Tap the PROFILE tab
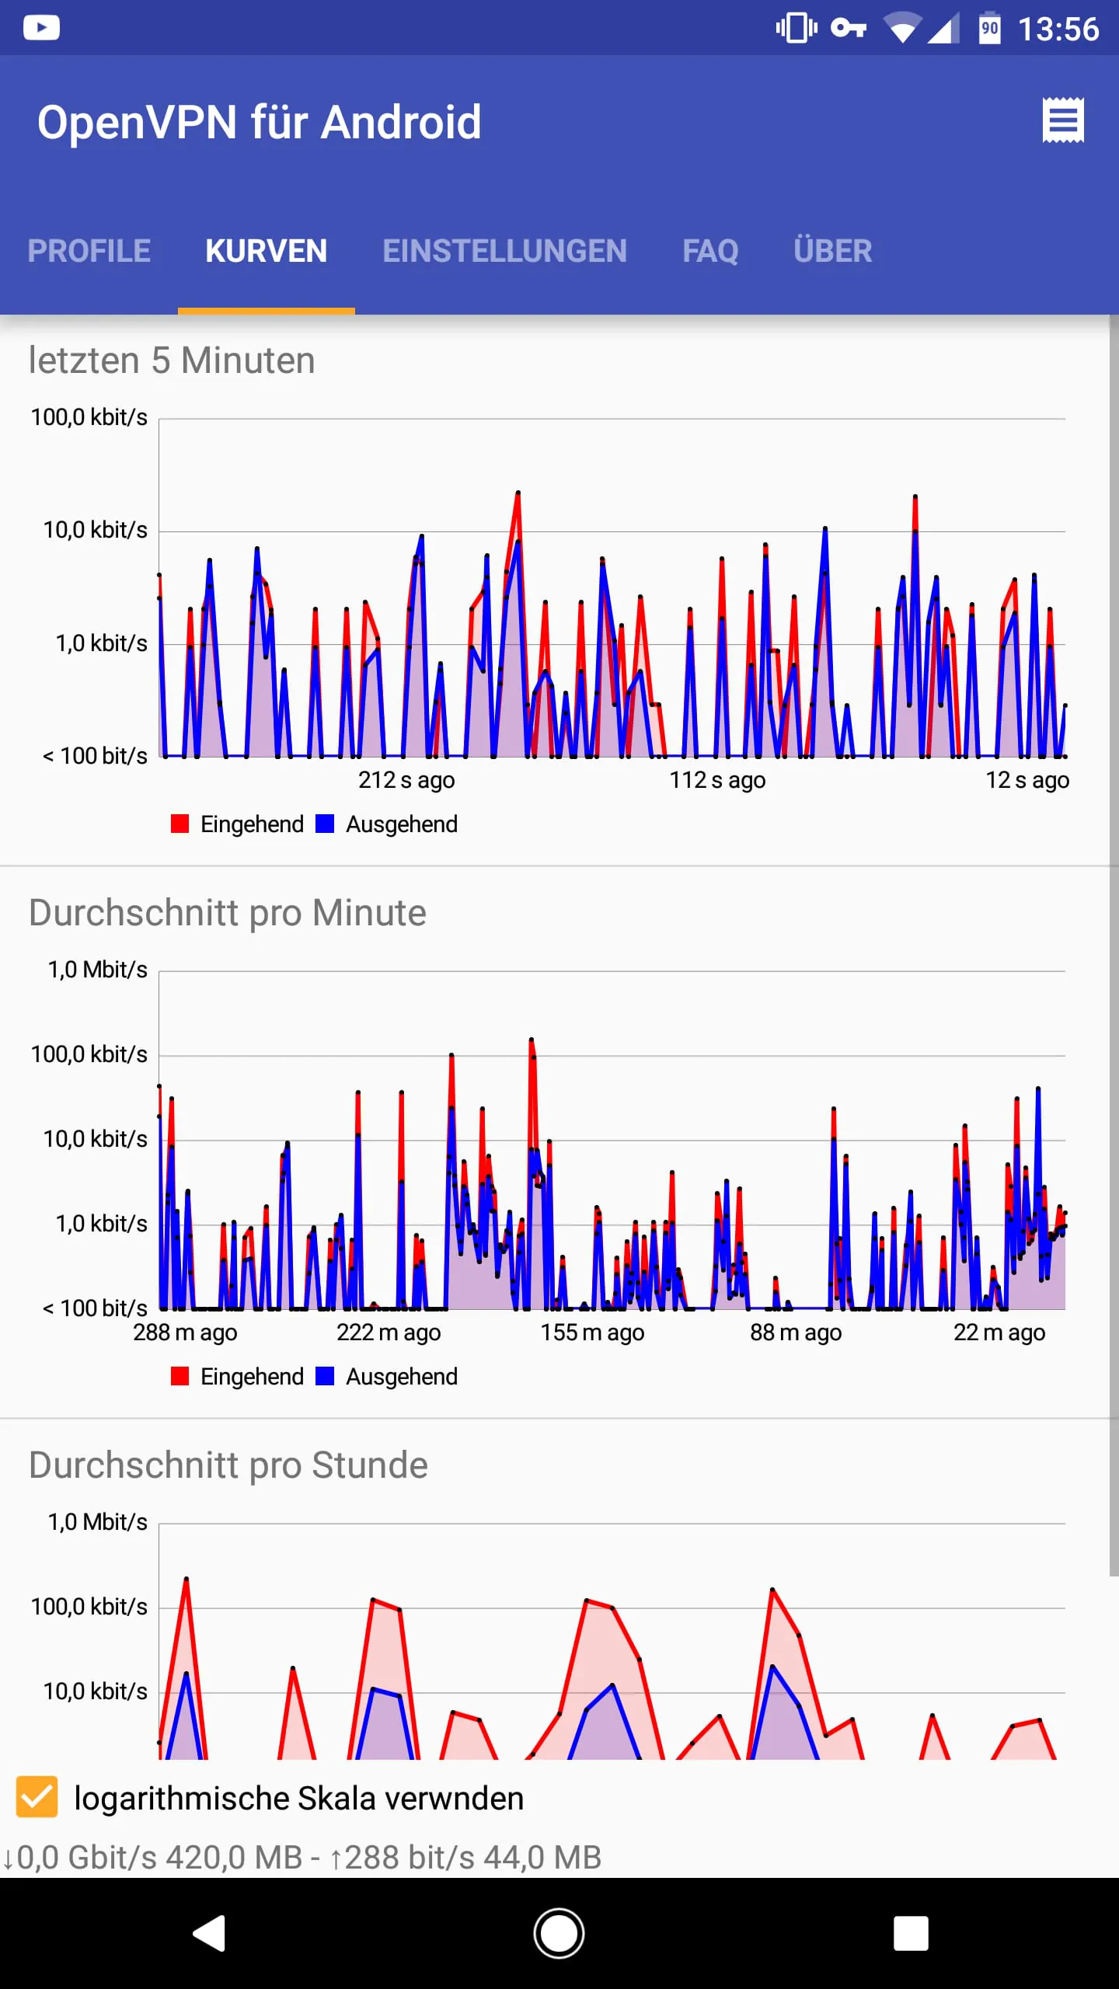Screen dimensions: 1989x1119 [89, 251]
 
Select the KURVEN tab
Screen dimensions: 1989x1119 [266, 251]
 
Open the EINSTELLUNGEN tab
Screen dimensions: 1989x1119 [504, 251]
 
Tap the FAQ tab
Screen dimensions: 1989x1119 [710, 251]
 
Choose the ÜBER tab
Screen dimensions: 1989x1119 [832, 251]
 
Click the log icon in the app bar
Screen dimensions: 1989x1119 [1062, 120]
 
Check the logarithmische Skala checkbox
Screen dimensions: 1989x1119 [37, 1797]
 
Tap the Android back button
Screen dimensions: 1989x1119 [210, 1933]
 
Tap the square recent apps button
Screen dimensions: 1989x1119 [911, 1933]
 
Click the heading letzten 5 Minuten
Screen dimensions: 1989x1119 [172, 361]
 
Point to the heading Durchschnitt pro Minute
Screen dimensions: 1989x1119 [227, 912]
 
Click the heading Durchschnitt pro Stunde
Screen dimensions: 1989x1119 [228, 1465]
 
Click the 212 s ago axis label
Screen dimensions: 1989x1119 [406, 779]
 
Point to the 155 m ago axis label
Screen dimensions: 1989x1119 [592, 1332]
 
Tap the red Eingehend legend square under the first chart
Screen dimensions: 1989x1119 [180, 824]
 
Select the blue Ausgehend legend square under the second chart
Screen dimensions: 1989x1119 [325, 1376]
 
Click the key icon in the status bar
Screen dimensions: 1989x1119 [848, 29]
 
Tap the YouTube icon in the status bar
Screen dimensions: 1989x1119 [41, 28]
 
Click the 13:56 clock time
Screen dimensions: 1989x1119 [1058, 30]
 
